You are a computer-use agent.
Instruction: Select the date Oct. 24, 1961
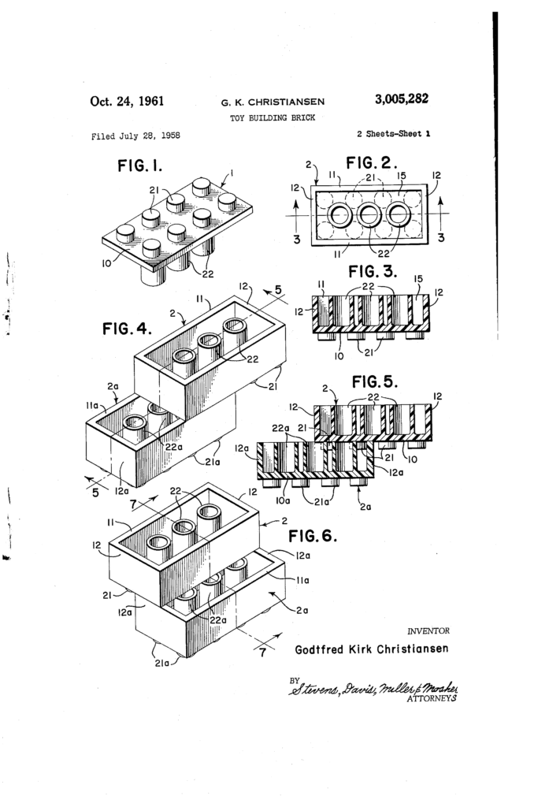(x=127, y=101)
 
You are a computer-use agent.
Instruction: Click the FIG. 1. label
(x=139, y=166)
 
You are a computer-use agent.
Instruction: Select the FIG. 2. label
(x=373, y=163)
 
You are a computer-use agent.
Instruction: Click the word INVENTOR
(x=428, y=631)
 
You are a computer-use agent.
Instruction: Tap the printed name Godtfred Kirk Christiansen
(x=372, y=650)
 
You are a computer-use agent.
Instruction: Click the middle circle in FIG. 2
(x=369, y=214)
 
